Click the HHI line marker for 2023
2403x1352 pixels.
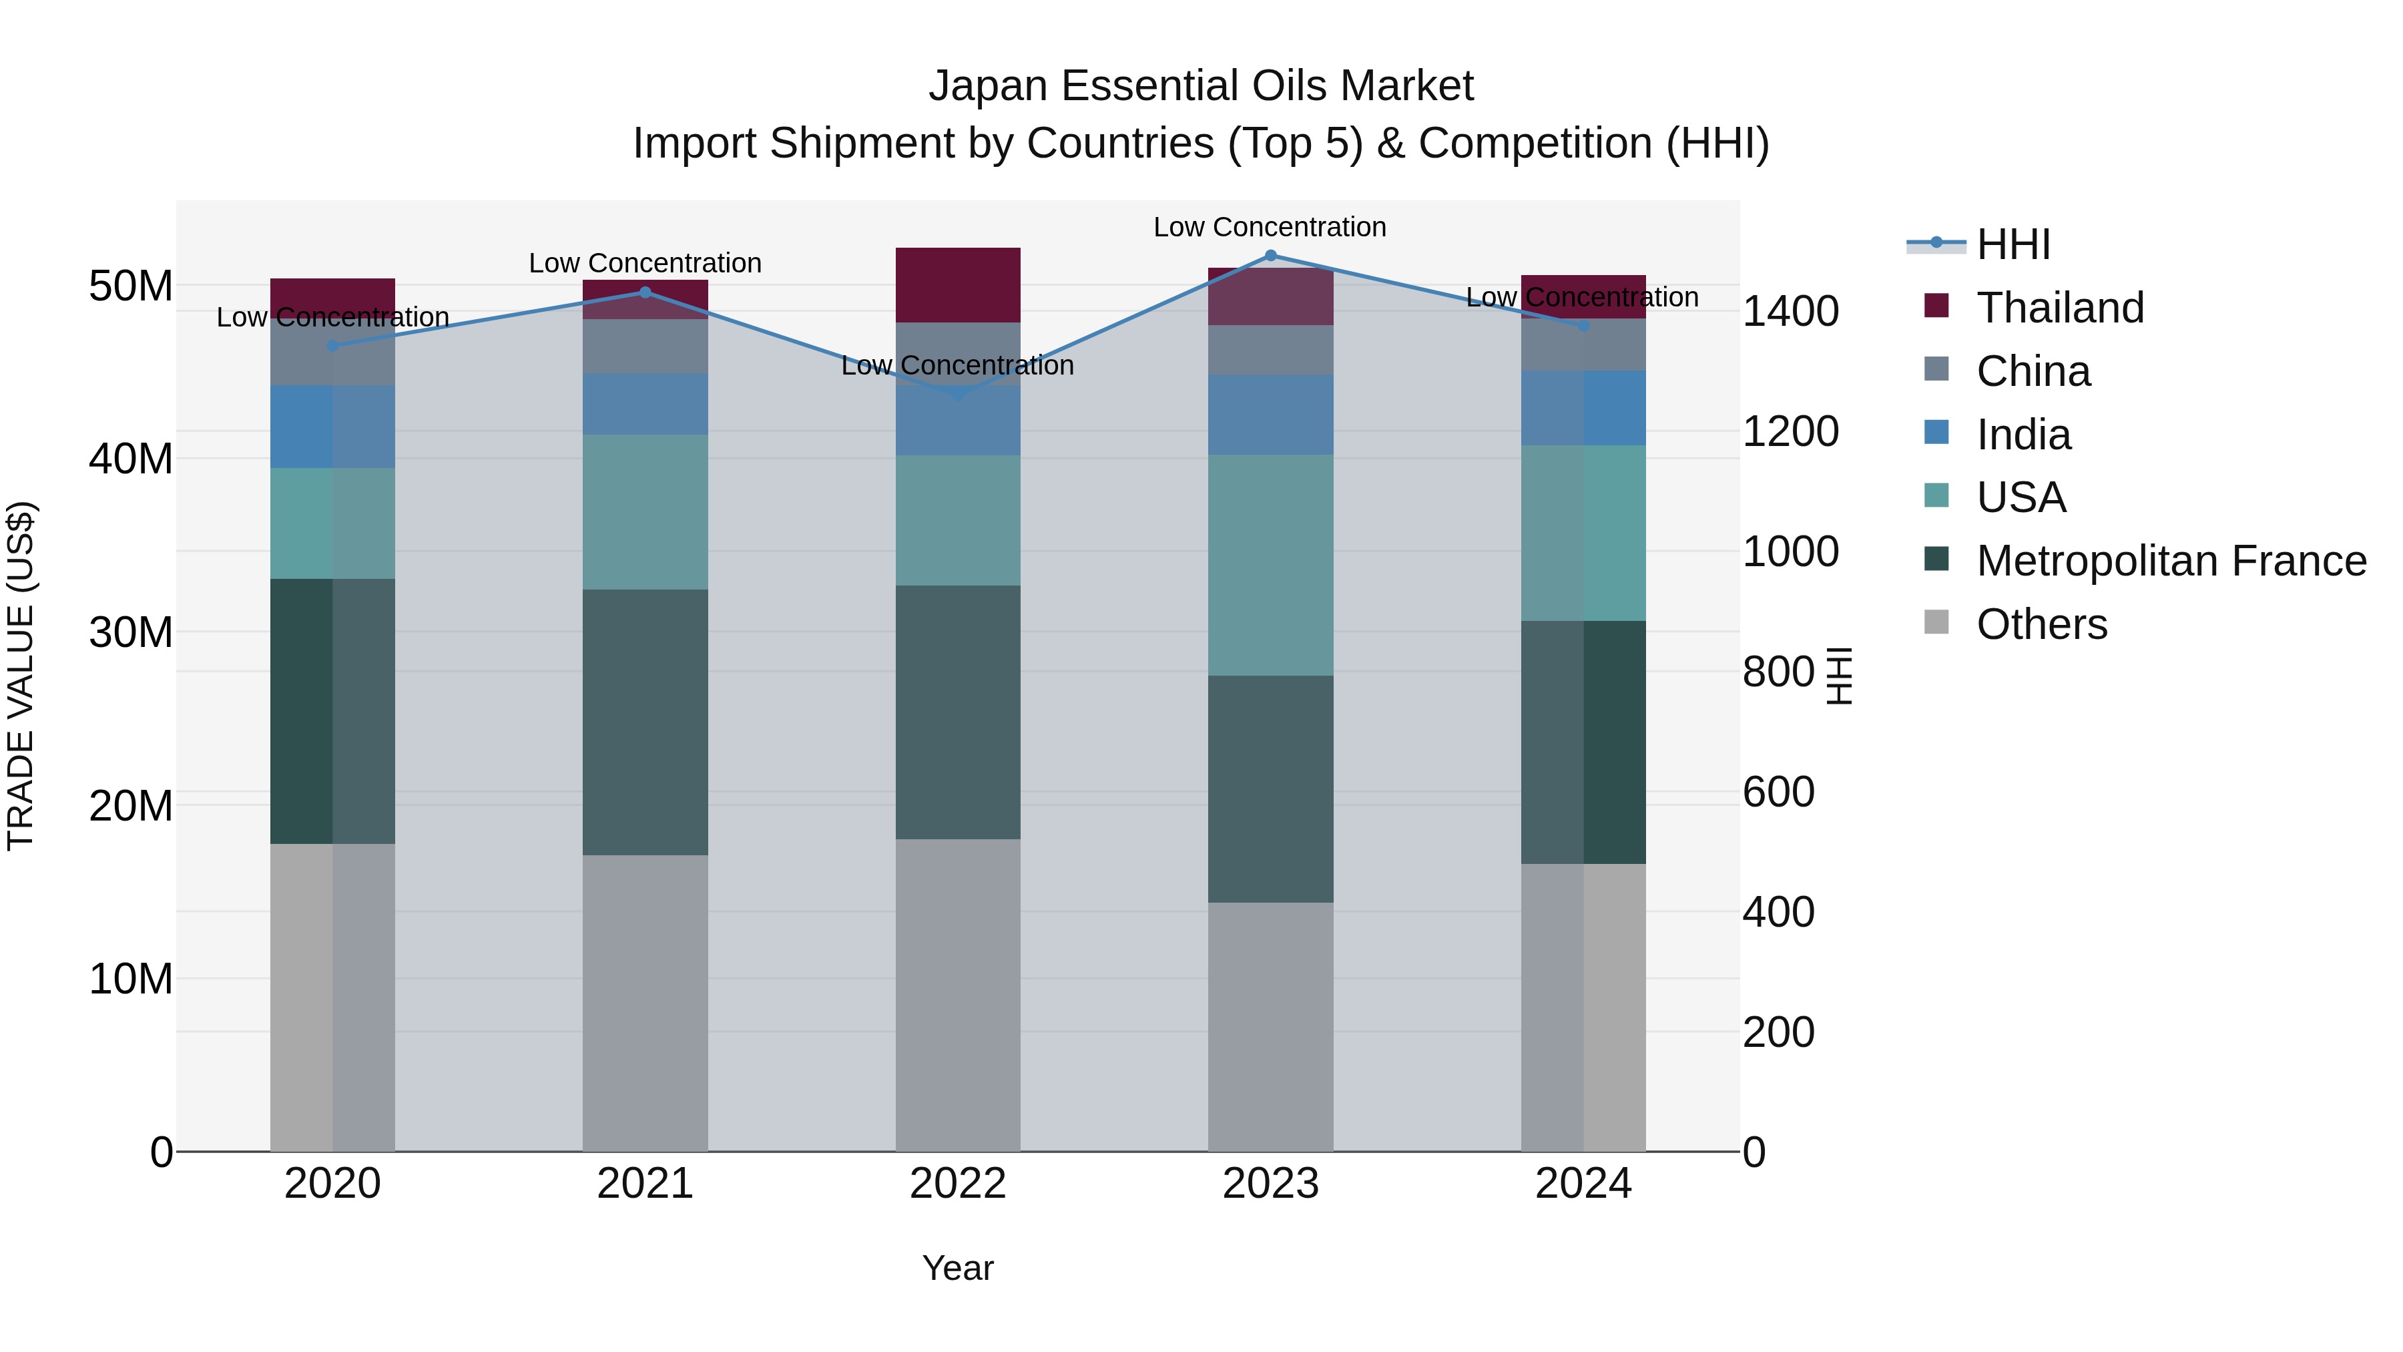[x=1270, y=256]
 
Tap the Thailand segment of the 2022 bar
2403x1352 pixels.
[x=957, y=284]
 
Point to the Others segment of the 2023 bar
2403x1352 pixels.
[x=1270, y=1026]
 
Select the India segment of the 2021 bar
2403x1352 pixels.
[x=645, y=404]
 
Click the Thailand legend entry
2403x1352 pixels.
[x=2060, y=308]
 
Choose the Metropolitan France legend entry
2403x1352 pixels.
[x=2170, y=561]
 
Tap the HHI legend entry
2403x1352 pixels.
[x=2013, y=244]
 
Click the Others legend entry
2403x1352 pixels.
[x=2041, y=624]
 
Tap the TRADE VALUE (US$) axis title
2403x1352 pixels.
[x=21, y=676]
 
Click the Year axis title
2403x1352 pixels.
[x=957, y=1268]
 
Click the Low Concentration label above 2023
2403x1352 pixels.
[x=1270, y=227]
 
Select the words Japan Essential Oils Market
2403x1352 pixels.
[x=1201, y=86]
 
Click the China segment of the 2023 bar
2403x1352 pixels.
[x=1270, y=350]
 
